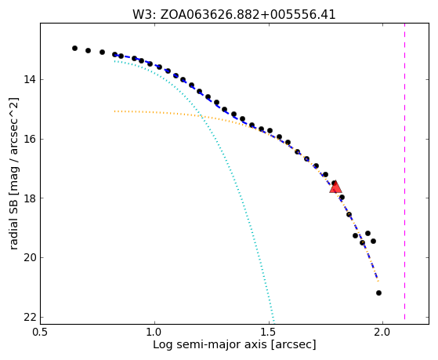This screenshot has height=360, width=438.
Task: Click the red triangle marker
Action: (x=335, y=187)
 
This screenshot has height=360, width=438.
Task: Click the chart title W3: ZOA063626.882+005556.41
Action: (x=234, y=15)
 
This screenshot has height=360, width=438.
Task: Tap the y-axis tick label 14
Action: (x=30, y=80)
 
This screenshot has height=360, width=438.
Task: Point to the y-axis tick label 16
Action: (x=30, y=139)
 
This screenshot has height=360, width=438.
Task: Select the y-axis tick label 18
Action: (x=30, y=198)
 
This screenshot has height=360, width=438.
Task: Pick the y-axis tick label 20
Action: (x=30, y=257)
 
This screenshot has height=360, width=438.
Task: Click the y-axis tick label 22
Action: (x=30, y=318)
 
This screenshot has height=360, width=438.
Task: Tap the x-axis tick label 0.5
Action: (x=41, y=333)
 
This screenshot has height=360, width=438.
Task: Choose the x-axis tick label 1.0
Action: (x=154, y=333)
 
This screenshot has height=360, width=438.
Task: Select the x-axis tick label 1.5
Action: (x=269, y=333)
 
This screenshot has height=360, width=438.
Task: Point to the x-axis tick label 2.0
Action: (x=382, y=333)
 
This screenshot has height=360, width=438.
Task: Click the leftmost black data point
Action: (x=74, y=49)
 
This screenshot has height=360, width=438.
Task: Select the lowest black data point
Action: (x=378, y=293)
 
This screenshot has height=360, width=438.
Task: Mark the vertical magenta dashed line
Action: (x=405, y=172)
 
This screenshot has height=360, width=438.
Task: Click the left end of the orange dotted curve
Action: (x=114, y=111)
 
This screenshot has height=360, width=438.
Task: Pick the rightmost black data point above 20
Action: (x=373, y=241)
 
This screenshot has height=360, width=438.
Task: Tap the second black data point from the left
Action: (x=88, y=51)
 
